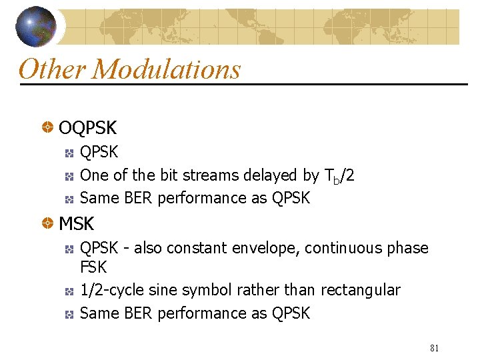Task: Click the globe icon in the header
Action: [37, 26]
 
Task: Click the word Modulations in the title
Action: [167, 69]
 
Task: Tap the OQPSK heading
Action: [87, 127]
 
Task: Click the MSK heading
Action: [77, 223]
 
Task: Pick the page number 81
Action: [435, 348]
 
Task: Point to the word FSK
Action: [93, 267]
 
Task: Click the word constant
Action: [196, 248]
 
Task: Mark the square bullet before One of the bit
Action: [69, 176]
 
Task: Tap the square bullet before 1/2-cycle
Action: [69, 291]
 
